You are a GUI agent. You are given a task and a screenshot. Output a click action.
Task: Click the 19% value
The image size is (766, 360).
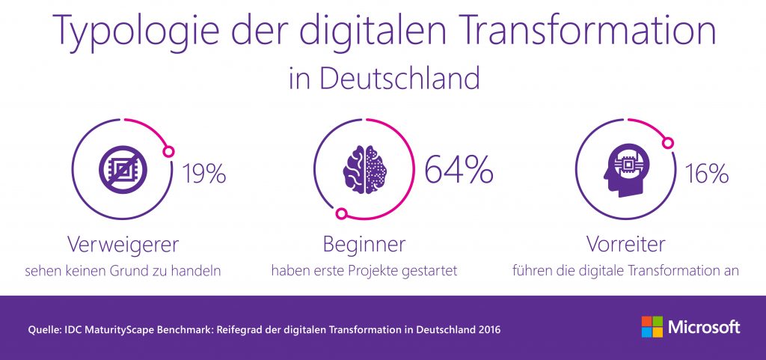[203, 174]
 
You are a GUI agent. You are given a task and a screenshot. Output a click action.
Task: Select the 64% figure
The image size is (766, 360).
[459, 170]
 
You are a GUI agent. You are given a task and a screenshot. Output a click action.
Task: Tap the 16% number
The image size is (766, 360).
[707, 174]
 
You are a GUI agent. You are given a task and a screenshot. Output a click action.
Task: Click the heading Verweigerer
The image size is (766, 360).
[123, 244]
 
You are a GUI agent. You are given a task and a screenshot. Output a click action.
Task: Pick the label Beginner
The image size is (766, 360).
[364, 244]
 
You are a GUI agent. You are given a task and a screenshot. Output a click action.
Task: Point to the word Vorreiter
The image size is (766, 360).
[626, 244]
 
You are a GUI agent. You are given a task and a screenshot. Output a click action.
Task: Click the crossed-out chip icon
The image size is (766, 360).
[123, 170]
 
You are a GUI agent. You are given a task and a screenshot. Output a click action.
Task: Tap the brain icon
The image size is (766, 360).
[364, 170]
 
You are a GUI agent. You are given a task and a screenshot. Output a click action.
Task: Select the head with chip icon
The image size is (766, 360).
[625, 170]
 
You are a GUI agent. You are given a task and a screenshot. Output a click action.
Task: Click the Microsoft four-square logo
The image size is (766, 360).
[652, 327]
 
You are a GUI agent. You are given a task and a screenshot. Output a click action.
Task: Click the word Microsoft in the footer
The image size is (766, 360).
[703, 327]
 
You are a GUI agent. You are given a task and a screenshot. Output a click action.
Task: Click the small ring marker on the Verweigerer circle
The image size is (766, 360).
[169, 148]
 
